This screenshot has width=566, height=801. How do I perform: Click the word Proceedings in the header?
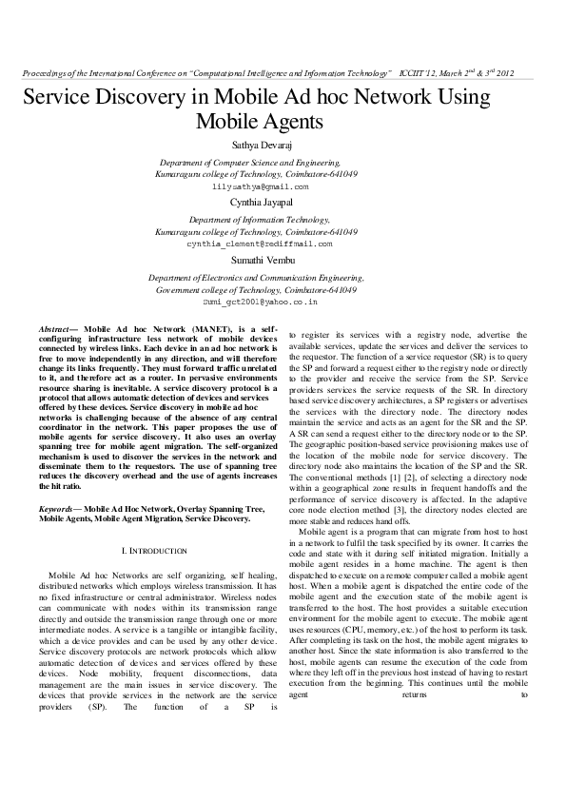pyautogui.click(x=43, y=73)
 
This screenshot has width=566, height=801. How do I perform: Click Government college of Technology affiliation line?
pyautogui.click(x=257, y=289)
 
